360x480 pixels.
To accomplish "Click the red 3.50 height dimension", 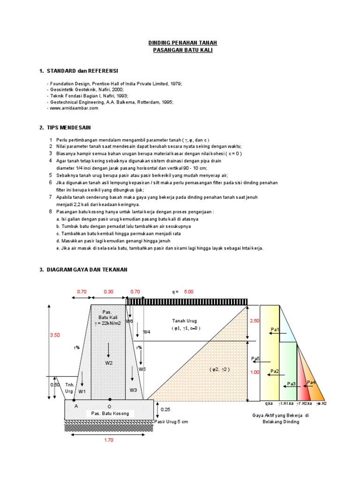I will [55, 335].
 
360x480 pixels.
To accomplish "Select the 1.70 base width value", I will [108, 440].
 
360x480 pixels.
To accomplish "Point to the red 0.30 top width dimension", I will [108, 292].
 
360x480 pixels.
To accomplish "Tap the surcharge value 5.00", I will [188, 292].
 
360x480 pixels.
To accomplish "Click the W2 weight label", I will [109, 363].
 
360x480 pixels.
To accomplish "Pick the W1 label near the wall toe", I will [82, 390].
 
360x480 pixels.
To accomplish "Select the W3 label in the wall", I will [134, 390].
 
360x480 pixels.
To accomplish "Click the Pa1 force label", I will [275, 330].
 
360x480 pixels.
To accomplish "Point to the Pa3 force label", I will [291, 384].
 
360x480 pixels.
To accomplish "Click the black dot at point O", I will [109, 400].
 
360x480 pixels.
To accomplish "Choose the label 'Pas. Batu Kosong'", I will [110, 413].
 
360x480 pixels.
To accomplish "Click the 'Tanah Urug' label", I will [185, 321].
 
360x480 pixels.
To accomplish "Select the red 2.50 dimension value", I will [254, 321].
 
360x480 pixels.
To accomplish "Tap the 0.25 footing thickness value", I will [165, 410].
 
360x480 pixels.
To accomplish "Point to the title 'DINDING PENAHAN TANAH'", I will [182, 43].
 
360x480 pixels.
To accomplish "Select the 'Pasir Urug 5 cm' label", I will [171, 422].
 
